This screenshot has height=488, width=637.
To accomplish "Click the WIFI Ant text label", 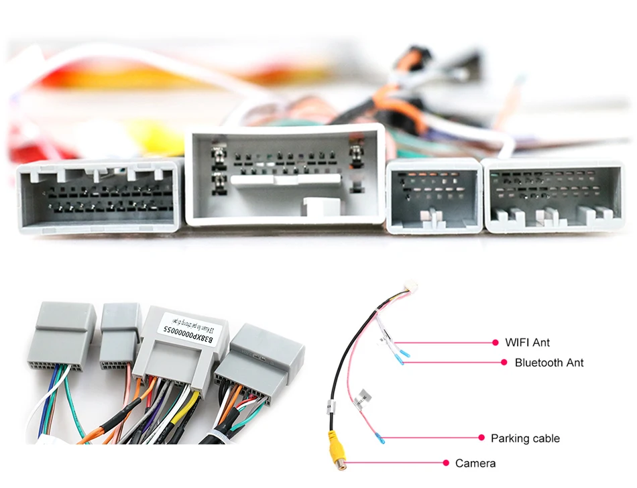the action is pos(527,343).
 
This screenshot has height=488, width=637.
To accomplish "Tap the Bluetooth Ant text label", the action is pos(549,363).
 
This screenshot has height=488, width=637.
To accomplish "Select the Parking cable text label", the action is pos(525,438).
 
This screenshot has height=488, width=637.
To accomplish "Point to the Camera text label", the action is pos(475,463).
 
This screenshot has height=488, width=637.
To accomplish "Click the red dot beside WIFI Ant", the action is pos(496,343).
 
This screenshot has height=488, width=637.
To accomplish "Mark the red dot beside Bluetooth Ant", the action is pos(504,363).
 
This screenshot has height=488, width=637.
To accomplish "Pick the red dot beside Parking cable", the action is pos(481,438).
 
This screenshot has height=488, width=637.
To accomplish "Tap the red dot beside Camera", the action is pos(447,463).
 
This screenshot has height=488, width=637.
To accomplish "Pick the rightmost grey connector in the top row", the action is pos(554,196).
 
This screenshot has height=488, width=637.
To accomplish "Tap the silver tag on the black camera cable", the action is pos(331,406).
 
